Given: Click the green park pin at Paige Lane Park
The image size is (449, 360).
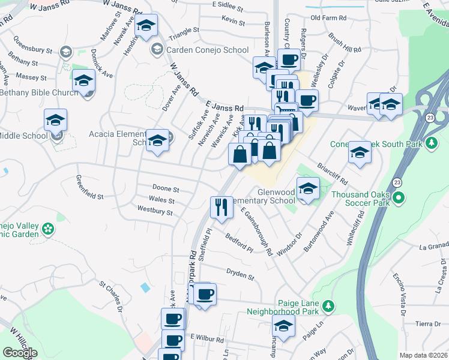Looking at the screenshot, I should point(328,307).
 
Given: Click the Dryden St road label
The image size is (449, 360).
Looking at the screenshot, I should point(240,277).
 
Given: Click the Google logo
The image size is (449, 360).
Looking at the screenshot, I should point(20,353).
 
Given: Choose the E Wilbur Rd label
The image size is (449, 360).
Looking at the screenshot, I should point(206,339).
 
